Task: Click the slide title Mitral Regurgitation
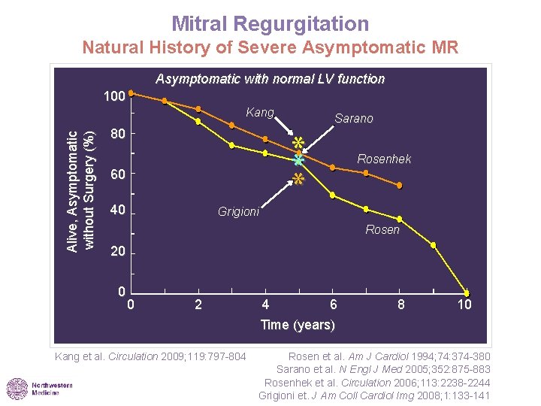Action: pos(270,24)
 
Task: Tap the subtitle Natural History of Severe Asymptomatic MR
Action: pos(270,49)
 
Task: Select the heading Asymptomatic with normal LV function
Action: pos(270,79)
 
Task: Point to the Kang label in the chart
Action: pos(260,113)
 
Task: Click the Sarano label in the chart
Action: pos(353,119)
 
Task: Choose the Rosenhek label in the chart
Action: pos(384,159)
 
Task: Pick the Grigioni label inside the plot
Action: pos(238,212)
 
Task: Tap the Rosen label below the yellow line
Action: pos(382,229)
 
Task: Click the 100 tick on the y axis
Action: pos(113,97)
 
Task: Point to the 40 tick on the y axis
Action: pos(116,210)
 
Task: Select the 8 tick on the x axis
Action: pos(401,304)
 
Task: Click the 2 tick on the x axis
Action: pos(198,304)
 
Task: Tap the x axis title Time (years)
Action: pos(298,325)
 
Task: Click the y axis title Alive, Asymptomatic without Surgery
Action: pos(80,191)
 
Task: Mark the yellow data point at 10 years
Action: pos(467,292)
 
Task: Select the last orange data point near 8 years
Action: pos(400,185)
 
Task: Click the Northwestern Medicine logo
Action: pos(40,388)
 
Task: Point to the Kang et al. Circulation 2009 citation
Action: pos(150,356)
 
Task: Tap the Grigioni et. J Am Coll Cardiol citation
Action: pos(374,395)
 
